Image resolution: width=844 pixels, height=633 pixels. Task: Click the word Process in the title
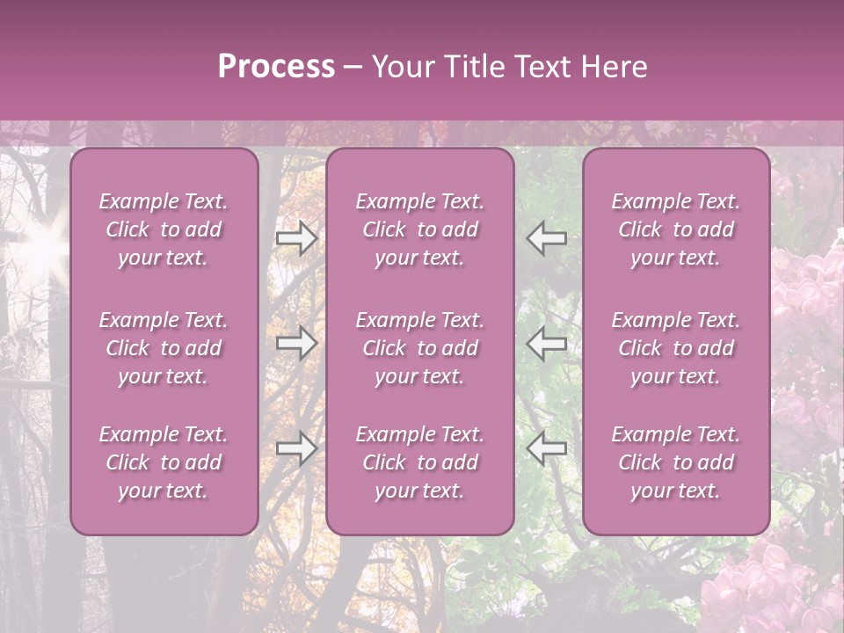click(276, 67)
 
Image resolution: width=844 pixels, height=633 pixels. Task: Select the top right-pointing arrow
click(296, 237)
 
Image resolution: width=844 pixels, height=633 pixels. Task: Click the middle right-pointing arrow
click(296, 343)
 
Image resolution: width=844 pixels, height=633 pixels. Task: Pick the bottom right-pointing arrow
click(296, 448)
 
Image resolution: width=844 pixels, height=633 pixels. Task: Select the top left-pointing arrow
click(547, 237)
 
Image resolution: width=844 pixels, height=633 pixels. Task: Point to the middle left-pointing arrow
click(547, 343)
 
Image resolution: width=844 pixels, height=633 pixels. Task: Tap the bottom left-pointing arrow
click(547, 448)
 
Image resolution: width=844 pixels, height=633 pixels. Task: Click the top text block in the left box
click(164, 229)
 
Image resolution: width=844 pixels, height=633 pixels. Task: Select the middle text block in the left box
click(164, 348)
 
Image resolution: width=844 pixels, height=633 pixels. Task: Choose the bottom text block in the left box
click(164, 462)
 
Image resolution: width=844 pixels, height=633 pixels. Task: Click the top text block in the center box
click(419, 229)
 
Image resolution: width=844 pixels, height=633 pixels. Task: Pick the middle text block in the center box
click(419, 348)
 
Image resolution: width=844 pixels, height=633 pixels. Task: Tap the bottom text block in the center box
click(419, 462)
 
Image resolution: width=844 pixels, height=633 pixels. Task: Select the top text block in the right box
click(675, 229)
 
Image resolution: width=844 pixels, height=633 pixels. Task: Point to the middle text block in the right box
click(675, 348)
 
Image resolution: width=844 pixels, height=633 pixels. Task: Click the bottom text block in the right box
click(675, 462)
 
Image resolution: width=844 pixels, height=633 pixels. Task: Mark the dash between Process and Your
click(353, 68)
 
